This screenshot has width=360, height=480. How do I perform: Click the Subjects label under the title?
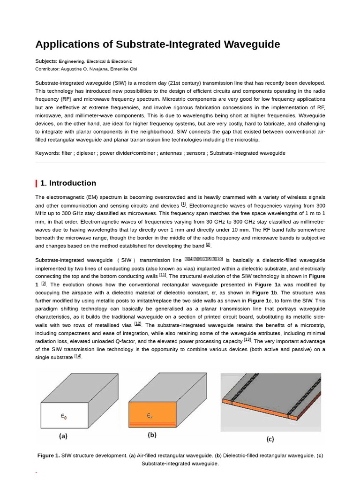pyautogui.click(x=46, y=61)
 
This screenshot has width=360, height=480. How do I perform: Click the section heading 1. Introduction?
pyautogui.click(x=68, y=183)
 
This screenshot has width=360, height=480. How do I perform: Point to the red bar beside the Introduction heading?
pyautogui.click(x=37, y=183)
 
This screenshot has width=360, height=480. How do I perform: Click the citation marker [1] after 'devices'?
pyautogui.click(x=183, y=204)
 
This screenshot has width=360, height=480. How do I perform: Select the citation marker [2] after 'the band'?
pyautogui.click(x=208, y=245)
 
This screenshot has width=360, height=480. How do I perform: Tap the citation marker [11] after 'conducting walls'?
pyautogui.click(x=163, y=275)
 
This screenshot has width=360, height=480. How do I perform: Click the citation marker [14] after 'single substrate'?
pyautogui.click(x=78, y=356)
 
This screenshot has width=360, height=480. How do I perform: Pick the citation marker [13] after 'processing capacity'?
pyautogui.click(x=247, y=340)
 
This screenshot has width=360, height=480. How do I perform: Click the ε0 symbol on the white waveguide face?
pyautogui.click(x=64, y=415)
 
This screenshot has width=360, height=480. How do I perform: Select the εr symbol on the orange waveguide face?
pyautogui.click(x=150, y=416)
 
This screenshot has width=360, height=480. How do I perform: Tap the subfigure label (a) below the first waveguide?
pyautogui.click(x=63, y=436)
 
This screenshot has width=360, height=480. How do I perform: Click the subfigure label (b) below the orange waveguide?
pyautogui.click(x=152, y=435)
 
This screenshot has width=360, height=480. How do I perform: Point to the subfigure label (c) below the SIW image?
pyautogui.click(x=270, y=439)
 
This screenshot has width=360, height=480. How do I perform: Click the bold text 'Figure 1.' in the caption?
pyautogui.click(x=49, y=456)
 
